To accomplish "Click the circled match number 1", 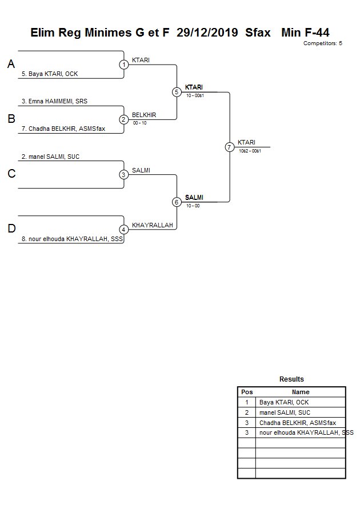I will (124, 65).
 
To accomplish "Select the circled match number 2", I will (124, 119).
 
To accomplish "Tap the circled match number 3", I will (124, 175).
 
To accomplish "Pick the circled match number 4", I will (124, 230).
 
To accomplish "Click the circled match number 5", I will (177, 92).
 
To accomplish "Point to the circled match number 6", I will (177, 202).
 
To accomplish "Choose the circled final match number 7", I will (230, 147).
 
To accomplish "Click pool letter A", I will (11, 65).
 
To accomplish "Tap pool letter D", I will (11, 229).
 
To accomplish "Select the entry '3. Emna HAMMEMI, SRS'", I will (54, 101).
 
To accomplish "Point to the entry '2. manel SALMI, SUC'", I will (50, 157).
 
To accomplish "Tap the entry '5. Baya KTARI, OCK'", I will (49, 74).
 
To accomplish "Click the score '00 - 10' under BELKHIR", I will (139, 123).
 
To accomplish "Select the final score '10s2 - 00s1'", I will (250, 151).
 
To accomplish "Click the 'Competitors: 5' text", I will (322, 43).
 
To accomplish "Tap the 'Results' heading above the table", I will (291, 379).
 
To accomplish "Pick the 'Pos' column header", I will (247, 392).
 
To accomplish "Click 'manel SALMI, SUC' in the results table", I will (285, 412).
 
